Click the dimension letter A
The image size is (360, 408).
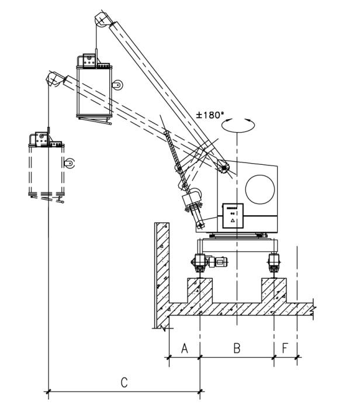184,348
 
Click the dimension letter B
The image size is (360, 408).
237,348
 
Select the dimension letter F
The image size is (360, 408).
285,348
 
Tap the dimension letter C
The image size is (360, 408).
124,382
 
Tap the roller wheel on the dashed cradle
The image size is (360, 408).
69,163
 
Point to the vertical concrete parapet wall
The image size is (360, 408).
162,272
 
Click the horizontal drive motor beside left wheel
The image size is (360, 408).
220,263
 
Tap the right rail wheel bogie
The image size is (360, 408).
274,261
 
